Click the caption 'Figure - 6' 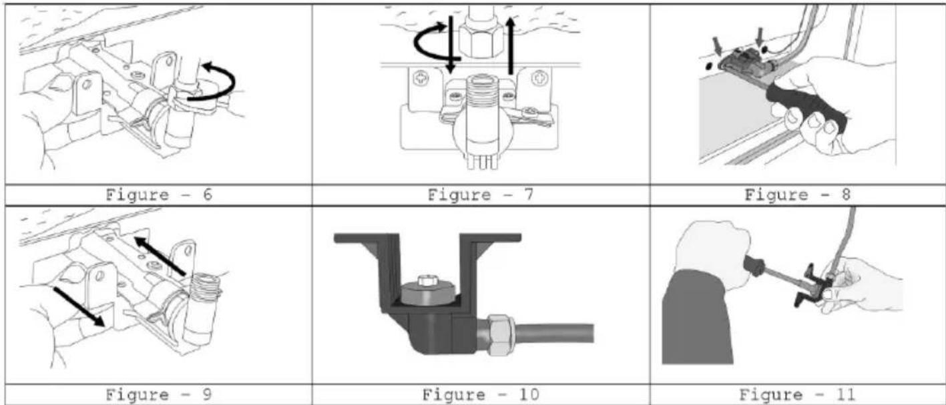pyautogui.click(x=158, y=195)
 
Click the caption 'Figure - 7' pyautogui.click(x=481, y=195)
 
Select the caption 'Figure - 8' pyautogui.click(x=797, y=195)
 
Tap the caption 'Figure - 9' pyautogui.click(x=158, y=395)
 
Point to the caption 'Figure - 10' pyautogui.click(x=481, y=395)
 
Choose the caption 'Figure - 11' pyautogui.click(x=797, y=395)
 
